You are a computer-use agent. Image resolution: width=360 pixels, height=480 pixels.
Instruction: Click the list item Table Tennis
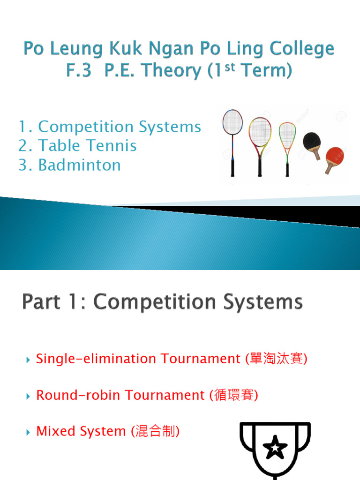point(87,146)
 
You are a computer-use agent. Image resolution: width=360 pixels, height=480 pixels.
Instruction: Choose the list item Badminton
point(79,165)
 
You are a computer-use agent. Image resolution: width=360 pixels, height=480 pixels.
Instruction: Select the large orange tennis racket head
point(259,132)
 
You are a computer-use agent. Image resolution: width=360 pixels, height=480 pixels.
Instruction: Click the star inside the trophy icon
point(275,449)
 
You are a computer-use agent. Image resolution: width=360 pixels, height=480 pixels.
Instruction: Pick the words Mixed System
point(81,431)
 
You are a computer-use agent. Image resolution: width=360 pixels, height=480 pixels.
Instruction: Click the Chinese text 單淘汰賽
point(276,359)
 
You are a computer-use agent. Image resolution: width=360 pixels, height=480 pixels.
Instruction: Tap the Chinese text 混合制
point(154,431)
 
